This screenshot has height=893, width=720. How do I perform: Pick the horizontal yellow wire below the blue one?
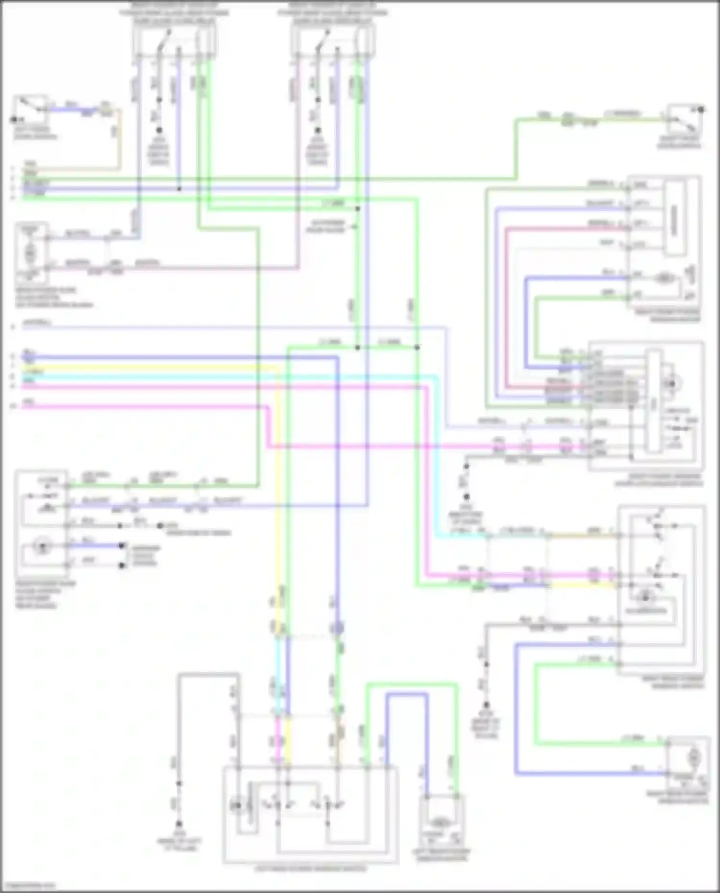144,368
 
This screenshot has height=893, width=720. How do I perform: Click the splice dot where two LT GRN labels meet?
358,347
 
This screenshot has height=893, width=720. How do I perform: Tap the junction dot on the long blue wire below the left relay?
179,189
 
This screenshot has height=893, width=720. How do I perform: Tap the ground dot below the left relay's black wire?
159,130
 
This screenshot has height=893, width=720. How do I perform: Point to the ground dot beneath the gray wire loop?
178,823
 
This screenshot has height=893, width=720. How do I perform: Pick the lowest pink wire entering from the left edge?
144,407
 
